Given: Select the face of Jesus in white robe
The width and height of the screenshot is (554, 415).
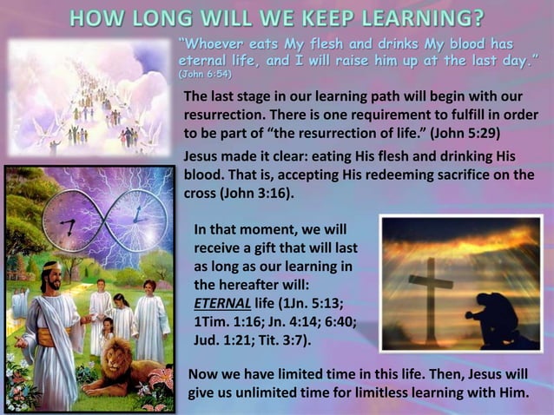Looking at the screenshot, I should (x=50, y=280).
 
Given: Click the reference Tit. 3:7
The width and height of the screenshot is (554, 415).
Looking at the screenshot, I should (x=280, y=339).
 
